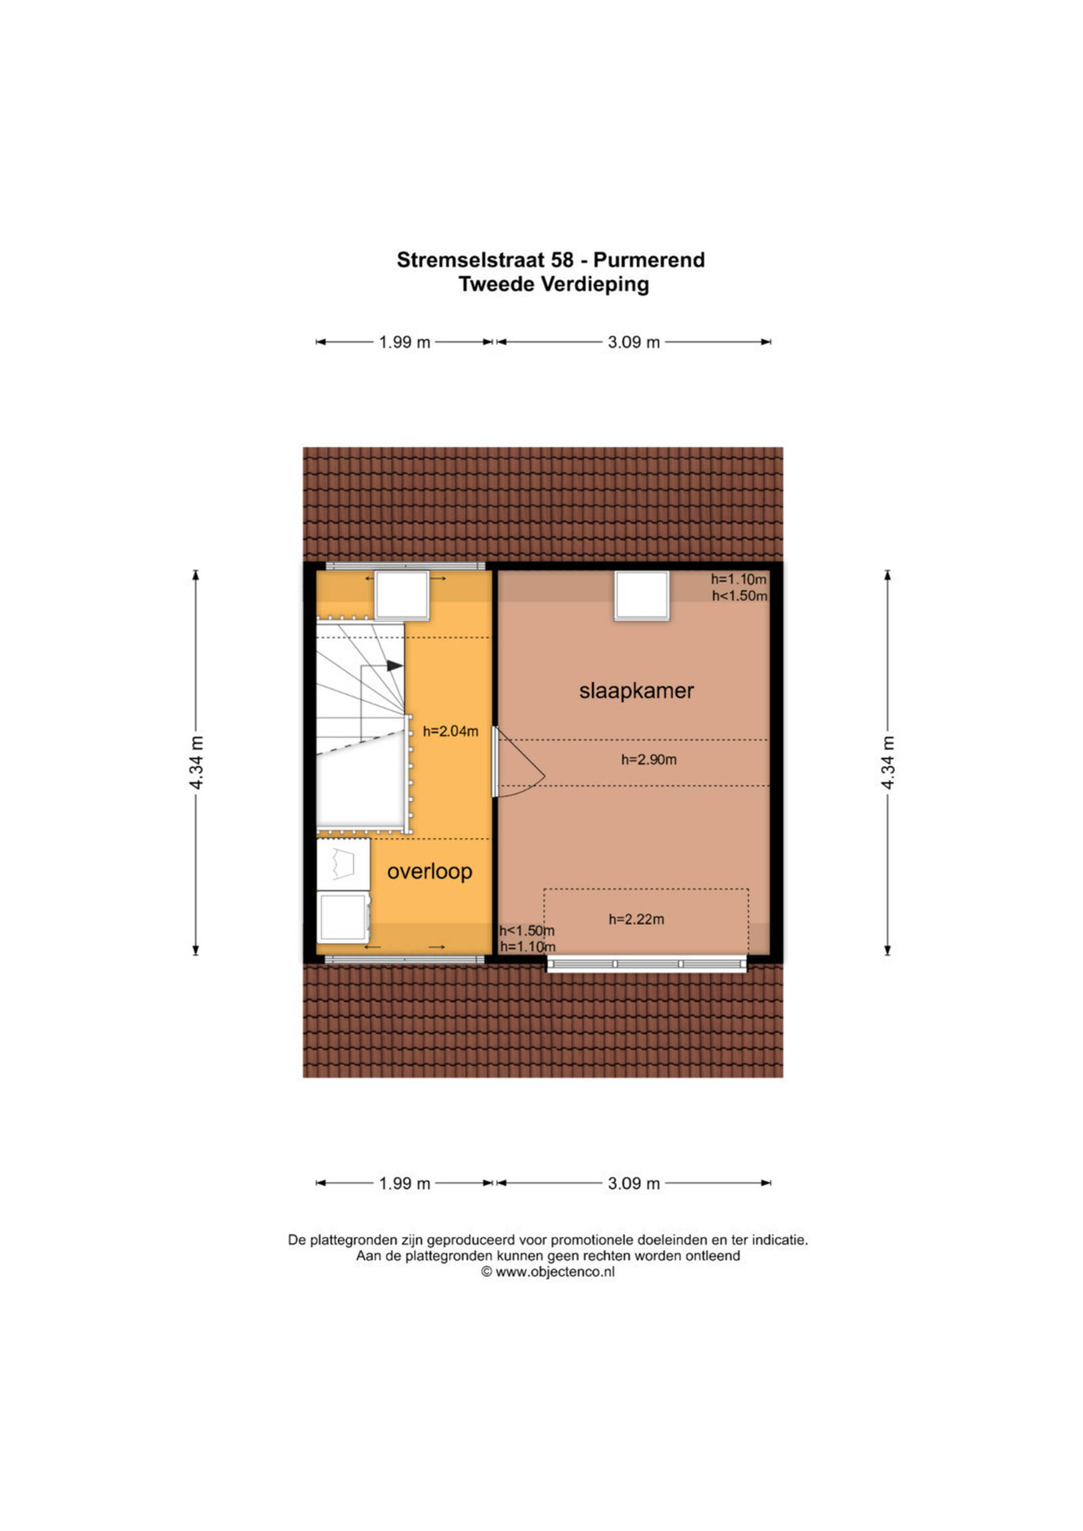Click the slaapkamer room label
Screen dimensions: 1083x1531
coord(636,691)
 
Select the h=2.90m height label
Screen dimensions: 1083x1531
coord(649,759)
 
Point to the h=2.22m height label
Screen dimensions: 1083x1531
coord(636,920)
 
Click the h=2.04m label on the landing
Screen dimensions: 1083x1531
coord(451,732)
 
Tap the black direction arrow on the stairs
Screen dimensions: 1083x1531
coord(395,666)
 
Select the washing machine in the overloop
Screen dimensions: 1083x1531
coord(344,918)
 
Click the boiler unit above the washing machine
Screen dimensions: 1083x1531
coord(343,864)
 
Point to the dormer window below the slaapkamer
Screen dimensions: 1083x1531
coord(646,964)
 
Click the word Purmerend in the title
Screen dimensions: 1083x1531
coord(649,260)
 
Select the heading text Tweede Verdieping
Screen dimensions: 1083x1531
coord(553,285)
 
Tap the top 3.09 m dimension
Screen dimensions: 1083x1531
coord(633,342)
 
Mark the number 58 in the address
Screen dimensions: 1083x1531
coord(561,260)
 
